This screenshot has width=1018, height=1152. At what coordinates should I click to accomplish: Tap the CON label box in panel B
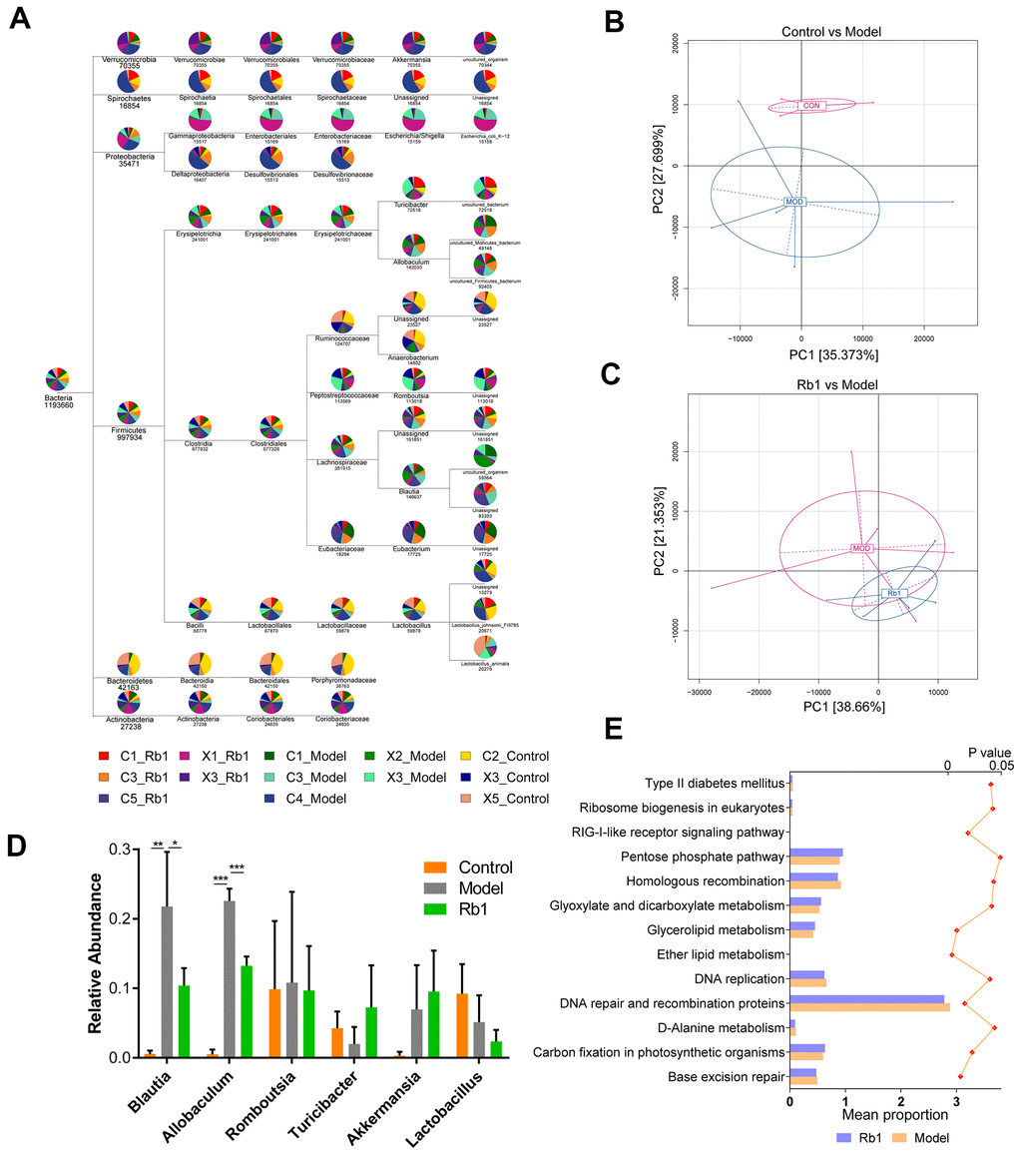tap(811, 105)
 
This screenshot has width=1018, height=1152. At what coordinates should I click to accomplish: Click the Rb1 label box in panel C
tap(894, 594)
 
